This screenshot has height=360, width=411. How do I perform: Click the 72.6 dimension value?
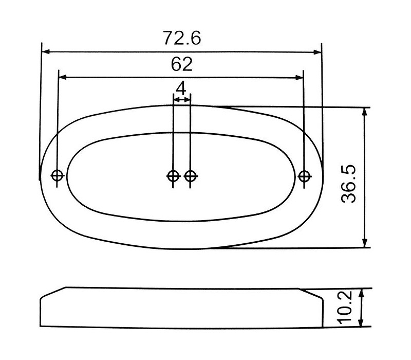[182, 38]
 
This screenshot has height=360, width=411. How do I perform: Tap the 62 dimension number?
[182, 64]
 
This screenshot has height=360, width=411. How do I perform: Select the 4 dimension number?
[181, 88]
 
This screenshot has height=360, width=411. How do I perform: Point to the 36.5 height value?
[349, 184]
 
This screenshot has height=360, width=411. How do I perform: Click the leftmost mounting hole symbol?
[58, 175]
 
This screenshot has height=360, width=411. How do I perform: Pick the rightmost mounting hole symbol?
[304, 176]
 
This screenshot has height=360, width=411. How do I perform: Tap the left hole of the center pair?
[173, 176]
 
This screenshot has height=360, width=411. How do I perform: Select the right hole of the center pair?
[191, 176]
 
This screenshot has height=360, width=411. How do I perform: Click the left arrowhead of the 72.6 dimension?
[46, 51]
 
